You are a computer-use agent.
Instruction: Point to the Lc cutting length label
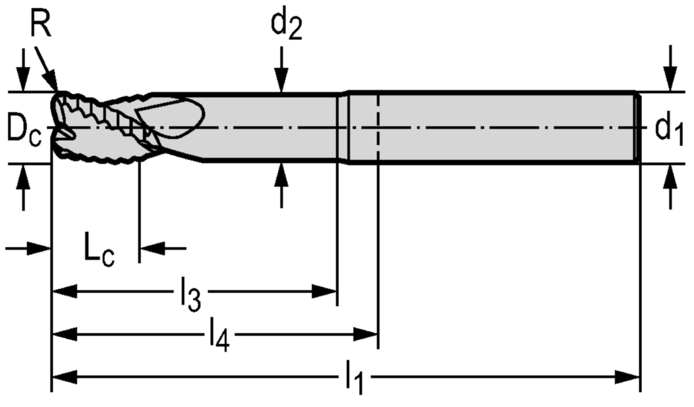99,250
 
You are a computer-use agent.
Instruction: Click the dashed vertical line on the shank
377,129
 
